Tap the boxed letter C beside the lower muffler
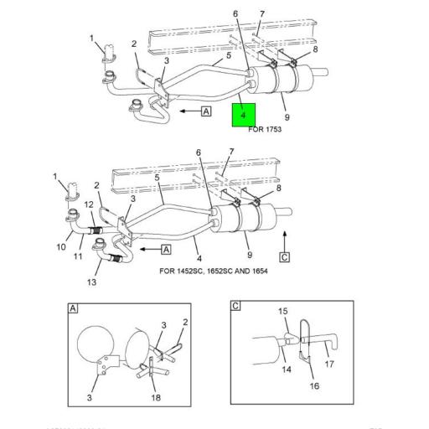tap(285, 256)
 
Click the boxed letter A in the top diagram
tap(206, 111)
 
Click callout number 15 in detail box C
tap(282, 311)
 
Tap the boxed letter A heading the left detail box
tap(73, 308)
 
